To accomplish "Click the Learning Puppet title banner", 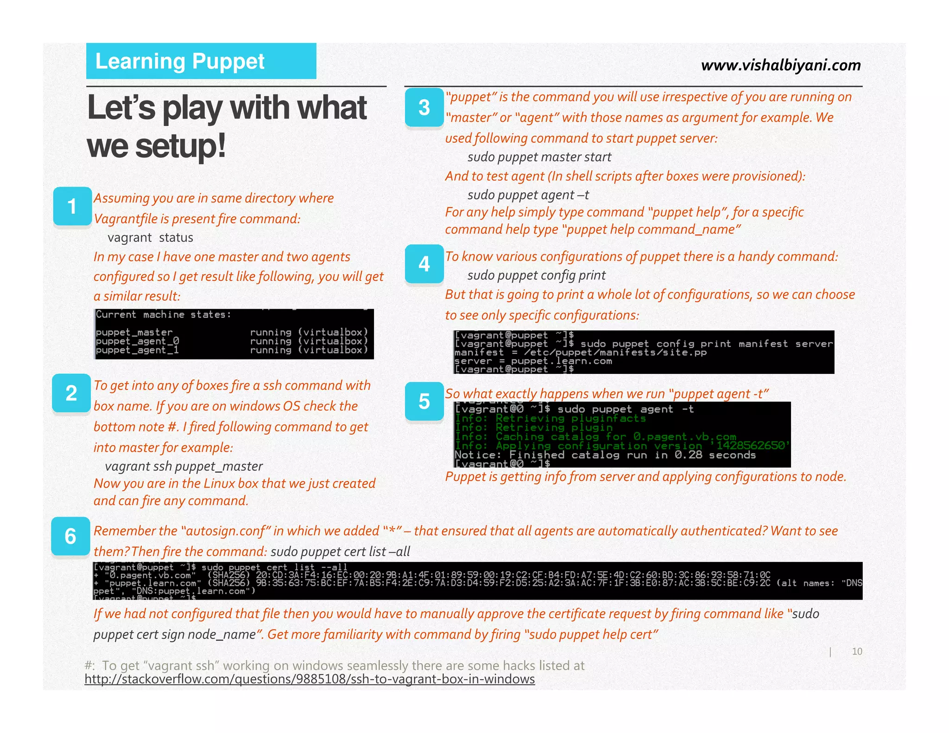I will pos(201,61).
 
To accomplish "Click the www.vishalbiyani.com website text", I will pos(781,65).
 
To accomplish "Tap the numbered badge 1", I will pos(72,206).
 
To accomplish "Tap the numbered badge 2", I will pos(71,393).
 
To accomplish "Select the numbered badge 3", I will pos(424,107).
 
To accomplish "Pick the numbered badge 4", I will pos(424,264).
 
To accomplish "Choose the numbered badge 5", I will pos(424,401).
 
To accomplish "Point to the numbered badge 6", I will pos(70,536).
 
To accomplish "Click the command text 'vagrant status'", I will pos(150,238).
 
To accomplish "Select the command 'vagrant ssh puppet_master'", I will pos(183,466).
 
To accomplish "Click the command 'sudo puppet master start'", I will pos(539,157).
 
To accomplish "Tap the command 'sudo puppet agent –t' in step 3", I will pos(528,195).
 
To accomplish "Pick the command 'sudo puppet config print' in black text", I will pos(536,275).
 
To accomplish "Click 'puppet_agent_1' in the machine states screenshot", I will pos(137,350).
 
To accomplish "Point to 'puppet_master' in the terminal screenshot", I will pos(134,332).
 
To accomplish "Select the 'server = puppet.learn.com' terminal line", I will pos(533,361).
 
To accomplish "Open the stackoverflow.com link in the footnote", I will pos(310,679).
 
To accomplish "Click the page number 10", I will pos(857,651).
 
